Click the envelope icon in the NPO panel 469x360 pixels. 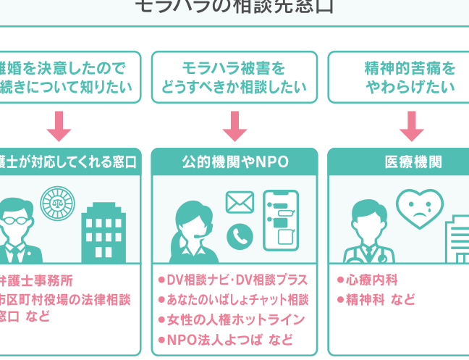tap(240, 202)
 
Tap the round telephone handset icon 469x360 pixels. tap(240, 235)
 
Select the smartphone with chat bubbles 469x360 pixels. tap(280, 220)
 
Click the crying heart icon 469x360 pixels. tap(419, 209)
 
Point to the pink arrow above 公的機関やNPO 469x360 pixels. tap(234, 125)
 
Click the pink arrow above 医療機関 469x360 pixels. tap(411, 125)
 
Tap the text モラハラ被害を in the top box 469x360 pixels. tap(234, 69)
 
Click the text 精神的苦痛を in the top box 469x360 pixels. tap(410, 69)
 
